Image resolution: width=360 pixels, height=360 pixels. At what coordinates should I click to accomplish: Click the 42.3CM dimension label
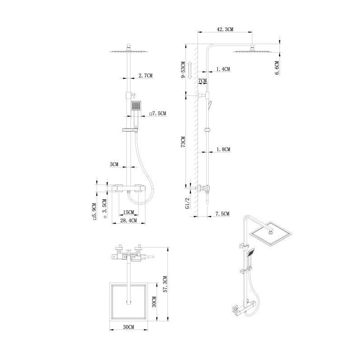[x=225, y=29]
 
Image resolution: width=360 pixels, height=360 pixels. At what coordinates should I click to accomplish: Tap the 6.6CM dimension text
[x=277, y=68]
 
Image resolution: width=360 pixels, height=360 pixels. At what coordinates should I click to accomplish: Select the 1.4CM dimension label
[x=223, y=69]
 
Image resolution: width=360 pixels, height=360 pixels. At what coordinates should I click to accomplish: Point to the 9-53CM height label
[x=183, y=70]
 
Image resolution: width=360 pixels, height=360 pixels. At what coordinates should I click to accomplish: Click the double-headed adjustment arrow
[x=190, y=70]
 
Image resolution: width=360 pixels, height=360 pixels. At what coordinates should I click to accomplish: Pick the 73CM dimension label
[x=183, y=142]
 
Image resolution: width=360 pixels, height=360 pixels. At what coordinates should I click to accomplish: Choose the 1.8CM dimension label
[x=223, y=149]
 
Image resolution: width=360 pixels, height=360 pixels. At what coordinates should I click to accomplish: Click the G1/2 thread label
[x=188, y=203]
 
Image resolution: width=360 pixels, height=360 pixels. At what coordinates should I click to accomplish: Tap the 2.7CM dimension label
[x=145, y=75]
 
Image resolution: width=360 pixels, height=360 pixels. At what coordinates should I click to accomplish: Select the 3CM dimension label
[x=114, y=164]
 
